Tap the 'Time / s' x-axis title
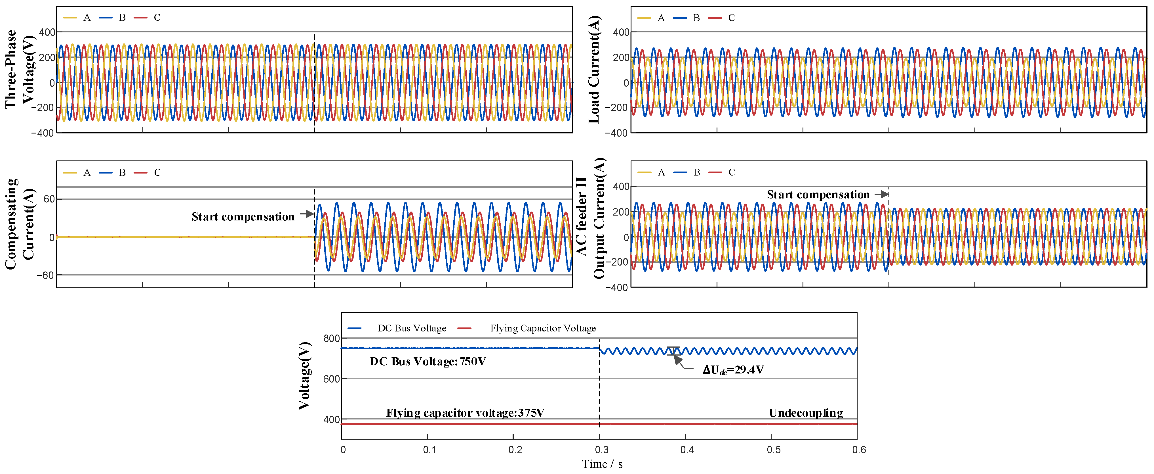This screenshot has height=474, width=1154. pyautogui.click(x=602, y=464)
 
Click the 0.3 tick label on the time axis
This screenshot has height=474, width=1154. pyautogui.click(x=601, y=450)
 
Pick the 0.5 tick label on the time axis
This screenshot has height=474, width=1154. pyautogui.click(x=773, y=450)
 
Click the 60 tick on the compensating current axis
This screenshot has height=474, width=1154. pyautogui.click(x=49, y=199)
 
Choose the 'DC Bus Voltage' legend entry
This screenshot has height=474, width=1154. pyautogui.click(x=412, y=328)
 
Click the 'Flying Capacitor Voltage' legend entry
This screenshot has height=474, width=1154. pyautogui.click(x=542, y=328)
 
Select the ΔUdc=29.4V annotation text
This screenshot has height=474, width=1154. pyautogui.click(x=733, y=370)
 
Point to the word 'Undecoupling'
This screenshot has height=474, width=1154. pyautogui.click(x=805, y=413)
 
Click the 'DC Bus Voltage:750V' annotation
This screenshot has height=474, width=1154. pyautogui.click(x=428, y=362)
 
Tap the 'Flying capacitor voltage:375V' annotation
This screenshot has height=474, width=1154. pyautogui.click(x=465, y=413)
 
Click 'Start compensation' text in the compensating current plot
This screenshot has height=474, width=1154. pyautogui.click(x=243, y=217)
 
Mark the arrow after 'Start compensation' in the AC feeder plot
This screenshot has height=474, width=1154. pyautogui.click(x=882, y=194)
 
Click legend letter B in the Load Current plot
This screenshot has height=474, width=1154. pyautogui.click(x=696, y=18)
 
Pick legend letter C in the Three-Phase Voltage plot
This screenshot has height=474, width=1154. pyautogui.click(x=157, y=18)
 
